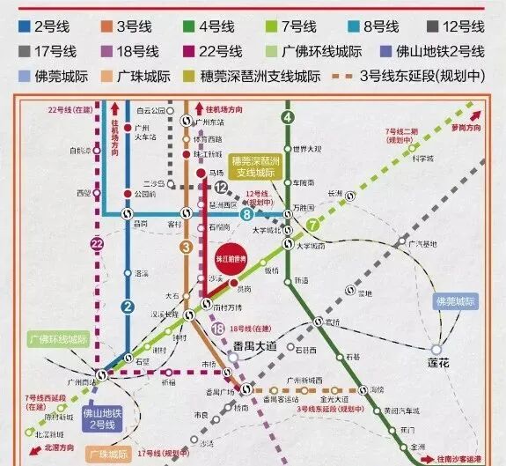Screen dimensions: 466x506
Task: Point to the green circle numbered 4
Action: (287, 117)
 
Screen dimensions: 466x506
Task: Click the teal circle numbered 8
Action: (247, 213)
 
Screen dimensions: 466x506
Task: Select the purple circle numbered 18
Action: (218, 329)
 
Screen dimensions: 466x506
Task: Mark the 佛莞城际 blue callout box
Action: (455, 301)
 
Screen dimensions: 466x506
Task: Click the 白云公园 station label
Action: (150, 112)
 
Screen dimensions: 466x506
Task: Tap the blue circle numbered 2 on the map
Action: (127, 307)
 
